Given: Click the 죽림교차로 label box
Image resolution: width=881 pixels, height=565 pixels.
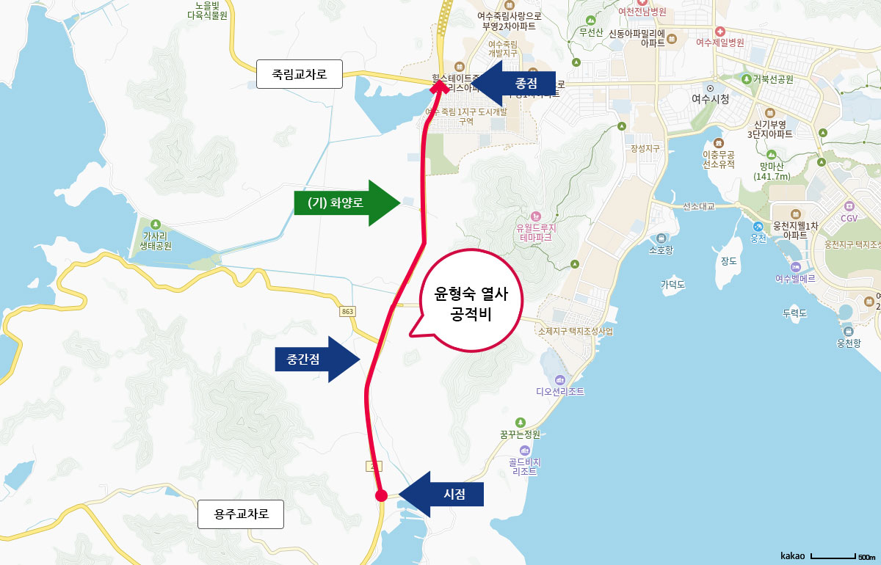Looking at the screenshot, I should pyautogui.click(x=300, y=74).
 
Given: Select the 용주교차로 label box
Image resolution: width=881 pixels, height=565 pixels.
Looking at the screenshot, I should pyautogui.click(x=240, y=514).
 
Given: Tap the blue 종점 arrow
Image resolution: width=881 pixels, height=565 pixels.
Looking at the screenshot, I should pyautogui.click(x=514, y=82).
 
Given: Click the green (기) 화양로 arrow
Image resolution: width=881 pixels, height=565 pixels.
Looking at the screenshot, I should pyautogui.click(x=341, y=202).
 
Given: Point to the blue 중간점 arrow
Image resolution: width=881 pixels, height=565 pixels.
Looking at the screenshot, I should pyautogui.click(x=316, y=360).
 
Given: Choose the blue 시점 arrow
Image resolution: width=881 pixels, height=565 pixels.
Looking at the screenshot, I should pyautogui.click(x=442, y=494).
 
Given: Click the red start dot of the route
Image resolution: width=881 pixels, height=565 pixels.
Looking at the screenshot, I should pyautogui.click(x=381, y=495).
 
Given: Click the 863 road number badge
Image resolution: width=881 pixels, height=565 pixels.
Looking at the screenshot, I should pyautogui.click(x=348, y=312).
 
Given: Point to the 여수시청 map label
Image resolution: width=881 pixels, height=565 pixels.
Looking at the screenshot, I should pyautogui.click(x=710, y=98).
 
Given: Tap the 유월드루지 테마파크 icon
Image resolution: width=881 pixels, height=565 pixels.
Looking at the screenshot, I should pyautogui.click(x=537, y=216).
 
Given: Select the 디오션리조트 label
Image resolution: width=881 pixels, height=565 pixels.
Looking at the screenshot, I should pyautogui.click(x=560, y=391).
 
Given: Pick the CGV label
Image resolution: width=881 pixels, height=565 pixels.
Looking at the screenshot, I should pyautogui.click(x=849, y=218).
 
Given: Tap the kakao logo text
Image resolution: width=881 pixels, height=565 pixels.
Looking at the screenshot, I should pyautogui.click(x=793, y=555).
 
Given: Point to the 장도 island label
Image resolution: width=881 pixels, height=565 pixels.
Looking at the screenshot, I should pyautogui.click(x=728, y=261).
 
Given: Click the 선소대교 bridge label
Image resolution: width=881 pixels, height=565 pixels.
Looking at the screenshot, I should pyautogui.click(x=699, y=205).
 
